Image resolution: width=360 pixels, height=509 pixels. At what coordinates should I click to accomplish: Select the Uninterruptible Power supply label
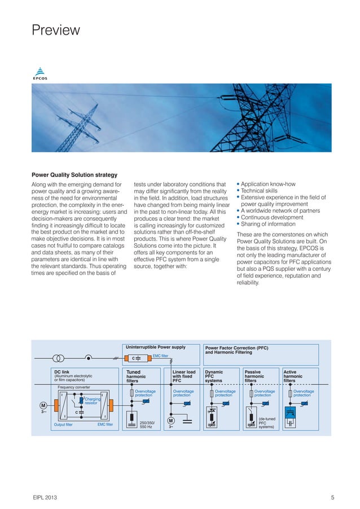point(155,347)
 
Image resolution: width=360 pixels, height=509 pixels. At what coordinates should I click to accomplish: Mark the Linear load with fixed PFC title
point(184,376)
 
